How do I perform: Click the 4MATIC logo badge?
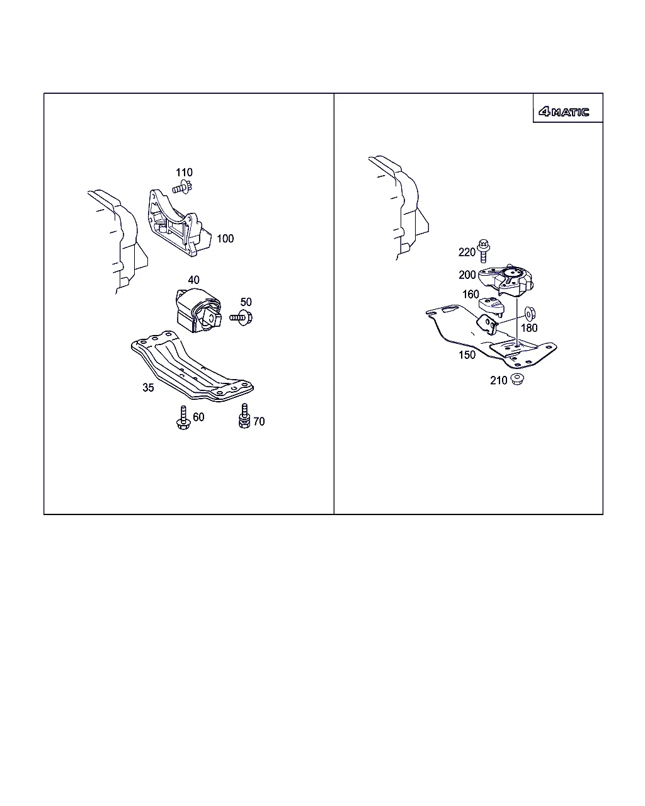563,111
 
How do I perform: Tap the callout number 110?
184,173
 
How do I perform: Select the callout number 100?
225,239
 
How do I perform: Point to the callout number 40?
194,280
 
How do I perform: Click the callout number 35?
148,388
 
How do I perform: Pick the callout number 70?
259,421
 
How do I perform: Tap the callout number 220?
467,252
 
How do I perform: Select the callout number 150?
467,355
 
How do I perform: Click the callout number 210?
498,380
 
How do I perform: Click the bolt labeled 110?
183,187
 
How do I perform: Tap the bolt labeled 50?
241,317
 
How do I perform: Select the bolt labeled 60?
183,417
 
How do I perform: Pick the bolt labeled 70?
244,416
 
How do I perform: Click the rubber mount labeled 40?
198,310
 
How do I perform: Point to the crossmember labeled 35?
192,366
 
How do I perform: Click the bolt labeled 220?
484,251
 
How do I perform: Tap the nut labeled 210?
517,379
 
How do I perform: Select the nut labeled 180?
530,314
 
